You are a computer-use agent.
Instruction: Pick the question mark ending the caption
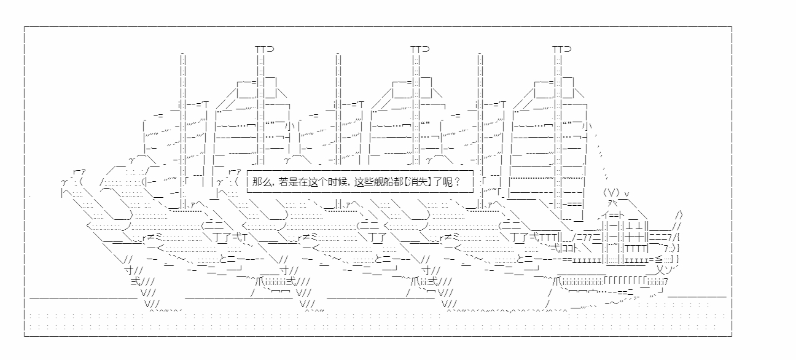(x=457, y=182)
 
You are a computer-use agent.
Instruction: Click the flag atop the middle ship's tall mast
(x=420, y=49)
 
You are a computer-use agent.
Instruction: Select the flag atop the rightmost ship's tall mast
(x=562, y=49)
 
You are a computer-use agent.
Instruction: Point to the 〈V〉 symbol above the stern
(x=612, y=194)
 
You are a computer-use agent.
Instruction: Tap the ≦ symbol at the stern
(x=658, y=260)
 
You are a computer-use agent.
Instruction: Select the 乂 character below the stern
(x=660, y=269)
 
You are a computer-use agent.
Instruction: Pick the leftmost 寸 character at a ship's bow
(x=128, y=270)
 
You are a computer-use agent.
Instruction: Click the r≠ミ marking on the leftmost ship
(x=152, y=237)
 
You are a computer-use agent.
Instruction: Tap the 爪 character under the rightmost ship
(x=556, y=282)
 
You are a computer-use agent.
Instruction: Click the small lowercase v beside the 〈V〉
(x=627, y=194)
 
